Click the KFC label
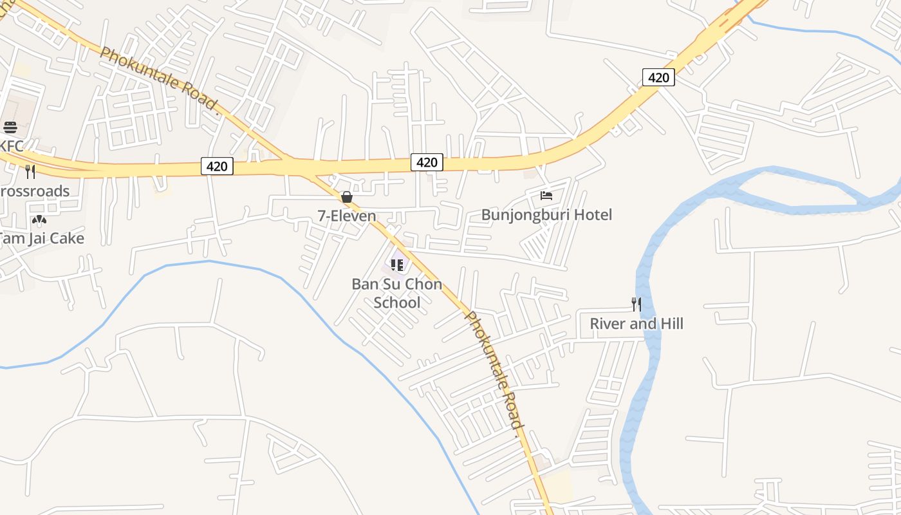(x=12, y=146)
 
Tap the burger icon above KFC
(x=10, y=127)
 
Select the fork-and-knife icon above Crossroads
(x=30, y=171)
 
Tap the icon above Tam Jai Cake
(x=39, y=220)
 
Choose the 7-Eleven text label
(x=347, y=216)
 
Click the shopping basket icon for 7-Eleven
(x=346, y=197)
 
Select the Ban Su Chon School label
(x=397, y=294)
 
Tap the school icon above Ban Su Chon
(x=397, y=265)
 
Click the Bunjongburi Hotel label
(x=546, y=214)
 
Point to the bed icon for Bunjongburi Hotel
(x=546, y=195)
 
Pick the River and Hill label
(x=636, y=323)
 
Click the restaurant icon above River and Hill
(x=636, y=304)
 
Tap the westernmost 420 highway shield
(x=217, y=166)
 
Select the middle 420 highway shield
(x=427, y=162)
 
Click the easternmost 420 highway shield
(x=658, y=78)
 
